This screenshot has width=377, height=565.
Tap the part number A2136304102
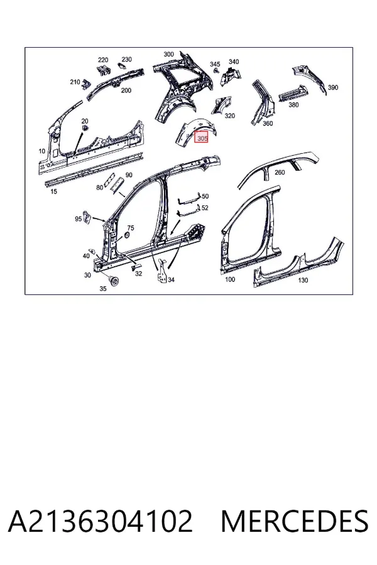click(x=101, y=521)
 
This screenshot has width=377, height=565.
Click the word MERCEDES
click(x=295, y=521)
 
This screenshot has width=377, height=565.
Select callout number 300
click(x=168, y=54)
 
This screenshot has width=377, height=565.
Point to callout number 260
click(x=280, y=172)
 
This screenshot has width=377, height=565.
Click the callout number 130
click(x=303, y=280)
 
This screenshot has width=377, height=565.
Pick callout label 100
click(x=230, y=279)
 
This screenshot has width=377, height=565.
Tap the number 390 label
click(x=332, y=87)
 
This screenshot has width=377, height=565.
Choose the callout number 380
click(x=293, y=105)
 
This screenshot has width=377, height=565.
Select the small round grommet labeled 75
click(x=127, y=235)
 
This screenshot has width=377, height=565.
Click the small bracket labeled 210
click(x=85, y=85)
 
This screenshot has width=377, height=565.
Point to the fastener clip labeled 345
click(x=216, y=71)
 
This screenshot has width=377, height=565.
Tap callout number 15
click(x=53, y=191)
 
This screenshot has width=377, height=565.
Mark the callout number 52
click(x=205, y=208)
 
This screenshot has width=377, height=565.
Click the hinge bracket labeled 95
click(x=87, y=218)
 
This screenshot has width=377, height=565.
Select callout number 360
click(x=267, y=123)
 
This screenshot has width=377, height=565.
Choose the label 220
click(x=103, y=60)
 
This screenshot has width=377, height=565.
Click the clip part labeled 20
click(x=85, y=128)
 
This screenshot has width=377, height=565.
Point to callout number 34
click(x=171, y=279)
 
